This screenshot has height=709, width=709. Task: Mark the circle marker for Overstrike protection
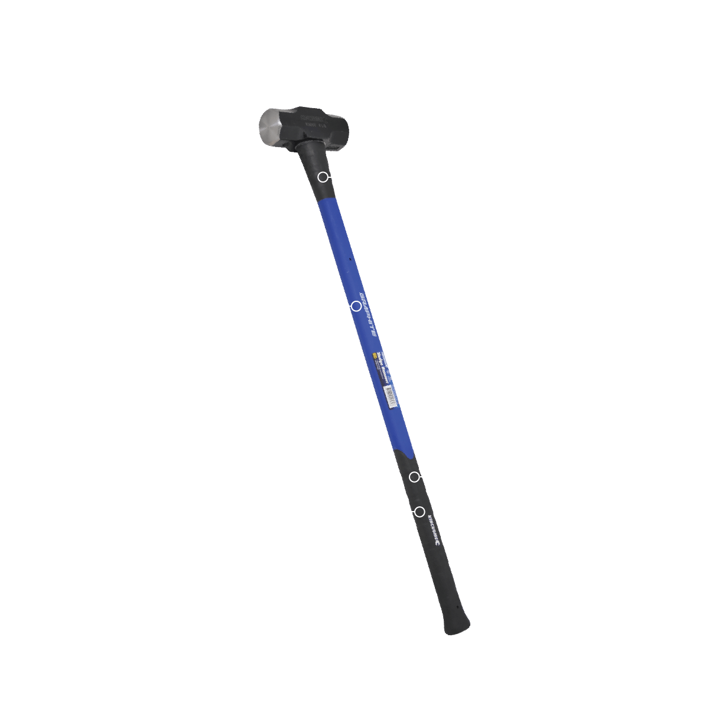tap(323, 177)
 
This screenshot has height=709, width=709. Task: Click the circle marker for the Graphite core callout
tap(356, 306)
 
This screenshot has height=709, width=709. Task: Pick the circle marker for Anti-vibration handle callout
tap(414, 477)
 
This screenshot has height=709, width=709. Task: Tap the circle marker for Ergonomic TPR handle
tap(419, 512)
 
